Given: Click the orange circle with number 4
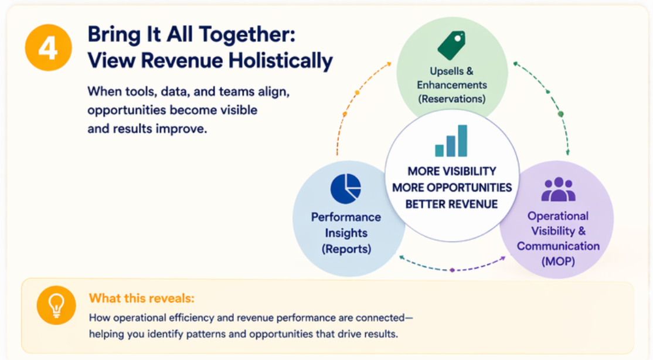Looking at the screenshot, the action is [x=48, y=47].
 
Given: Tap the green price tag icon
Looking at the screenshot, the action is [x=452, y=45].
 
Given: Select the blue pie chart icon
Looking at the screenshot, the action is [x=346, y=189].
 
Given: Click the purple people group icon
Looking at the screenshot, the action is [x=559, y=189].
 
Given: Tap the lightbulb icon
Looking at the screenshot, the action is [x=56, y=305].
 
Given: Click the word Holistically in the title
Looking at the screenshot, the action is [x=280, y=61].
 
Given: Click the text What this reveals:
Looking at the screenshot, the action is [x=142, y=298].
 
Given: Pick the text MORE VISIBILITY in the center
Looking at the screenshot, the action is [x=452, y=171].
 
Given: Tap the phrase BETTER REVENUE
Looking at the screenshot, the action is [x=452, y=204].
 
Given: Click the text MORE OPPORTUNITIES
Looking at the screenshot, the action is [x=452, y=188].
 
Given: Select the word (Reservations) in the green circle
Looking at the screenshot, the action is [x=452, y=99].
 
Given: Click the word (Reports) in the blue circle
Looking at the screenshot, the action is [x=346, y=249].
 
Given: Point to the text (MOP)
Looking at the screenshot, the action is [x=558, y=261].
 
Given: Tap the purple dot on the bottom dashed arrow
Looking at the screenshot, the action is [x=453, y=270].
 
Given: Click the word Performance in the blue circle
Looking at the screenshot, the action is [x=346, y=217].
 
